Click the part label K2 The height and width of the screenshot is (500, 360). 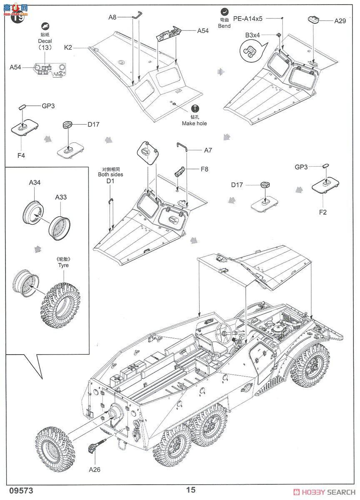[x=68, y=48]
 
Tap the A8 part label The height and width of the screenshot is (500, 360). [x=112, y=17]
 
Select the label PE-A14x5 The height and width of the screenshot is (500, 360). [x=247, y=18]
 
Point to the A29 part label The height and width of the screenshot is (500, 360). [x=340, y=20]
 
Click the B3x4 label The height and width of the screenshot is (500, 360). [x=252, y=35]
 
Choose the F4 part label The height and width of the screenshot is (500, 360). [x=21, y=155]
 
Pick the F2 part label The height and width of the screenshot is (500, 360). [x=322, y=212]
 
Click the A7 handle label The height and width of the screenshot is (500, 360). [x=208, y=150]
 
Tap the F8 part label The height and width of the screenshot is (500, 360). [x=204, y=169]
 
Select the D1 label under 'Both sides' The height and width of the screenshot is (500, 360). [x=110, y=181]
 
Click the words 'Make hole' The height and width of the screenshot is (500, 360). [x=194, y=123]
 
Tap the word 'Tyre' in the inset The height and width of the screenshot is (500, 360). [x=63, y=265]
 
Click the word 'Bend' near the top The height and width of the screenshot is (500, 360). [x=224, y=26]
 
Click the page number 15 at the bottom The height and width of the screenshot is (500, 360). [x=191, y=490]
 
